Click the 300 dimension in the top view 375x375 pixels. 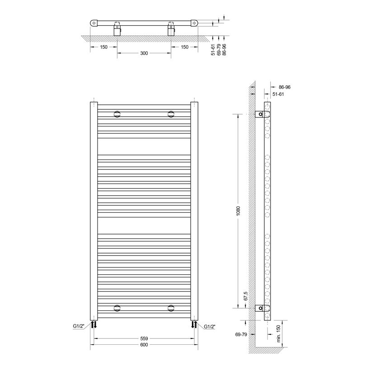click(x=144, y=53)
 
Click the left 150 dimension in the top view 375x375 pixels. click(x=103, y=47)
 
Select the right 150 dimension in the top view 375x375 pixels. click(x=184, y=47)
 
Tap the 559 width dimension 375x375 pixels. click(x=144, y=338)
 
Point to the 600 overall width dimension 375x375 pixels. click(x=144, y=345)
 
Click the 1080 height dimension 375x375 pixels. click(x=238, y=211)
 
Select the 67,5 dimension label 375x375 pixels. click(x=246, y=296)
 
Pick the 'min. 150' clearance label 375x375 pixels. click(x=278, y=333)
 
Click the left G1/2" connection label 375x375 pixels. click(x=79, y=326)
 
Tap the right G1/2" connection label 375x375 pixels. click(x=210, y=327)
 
